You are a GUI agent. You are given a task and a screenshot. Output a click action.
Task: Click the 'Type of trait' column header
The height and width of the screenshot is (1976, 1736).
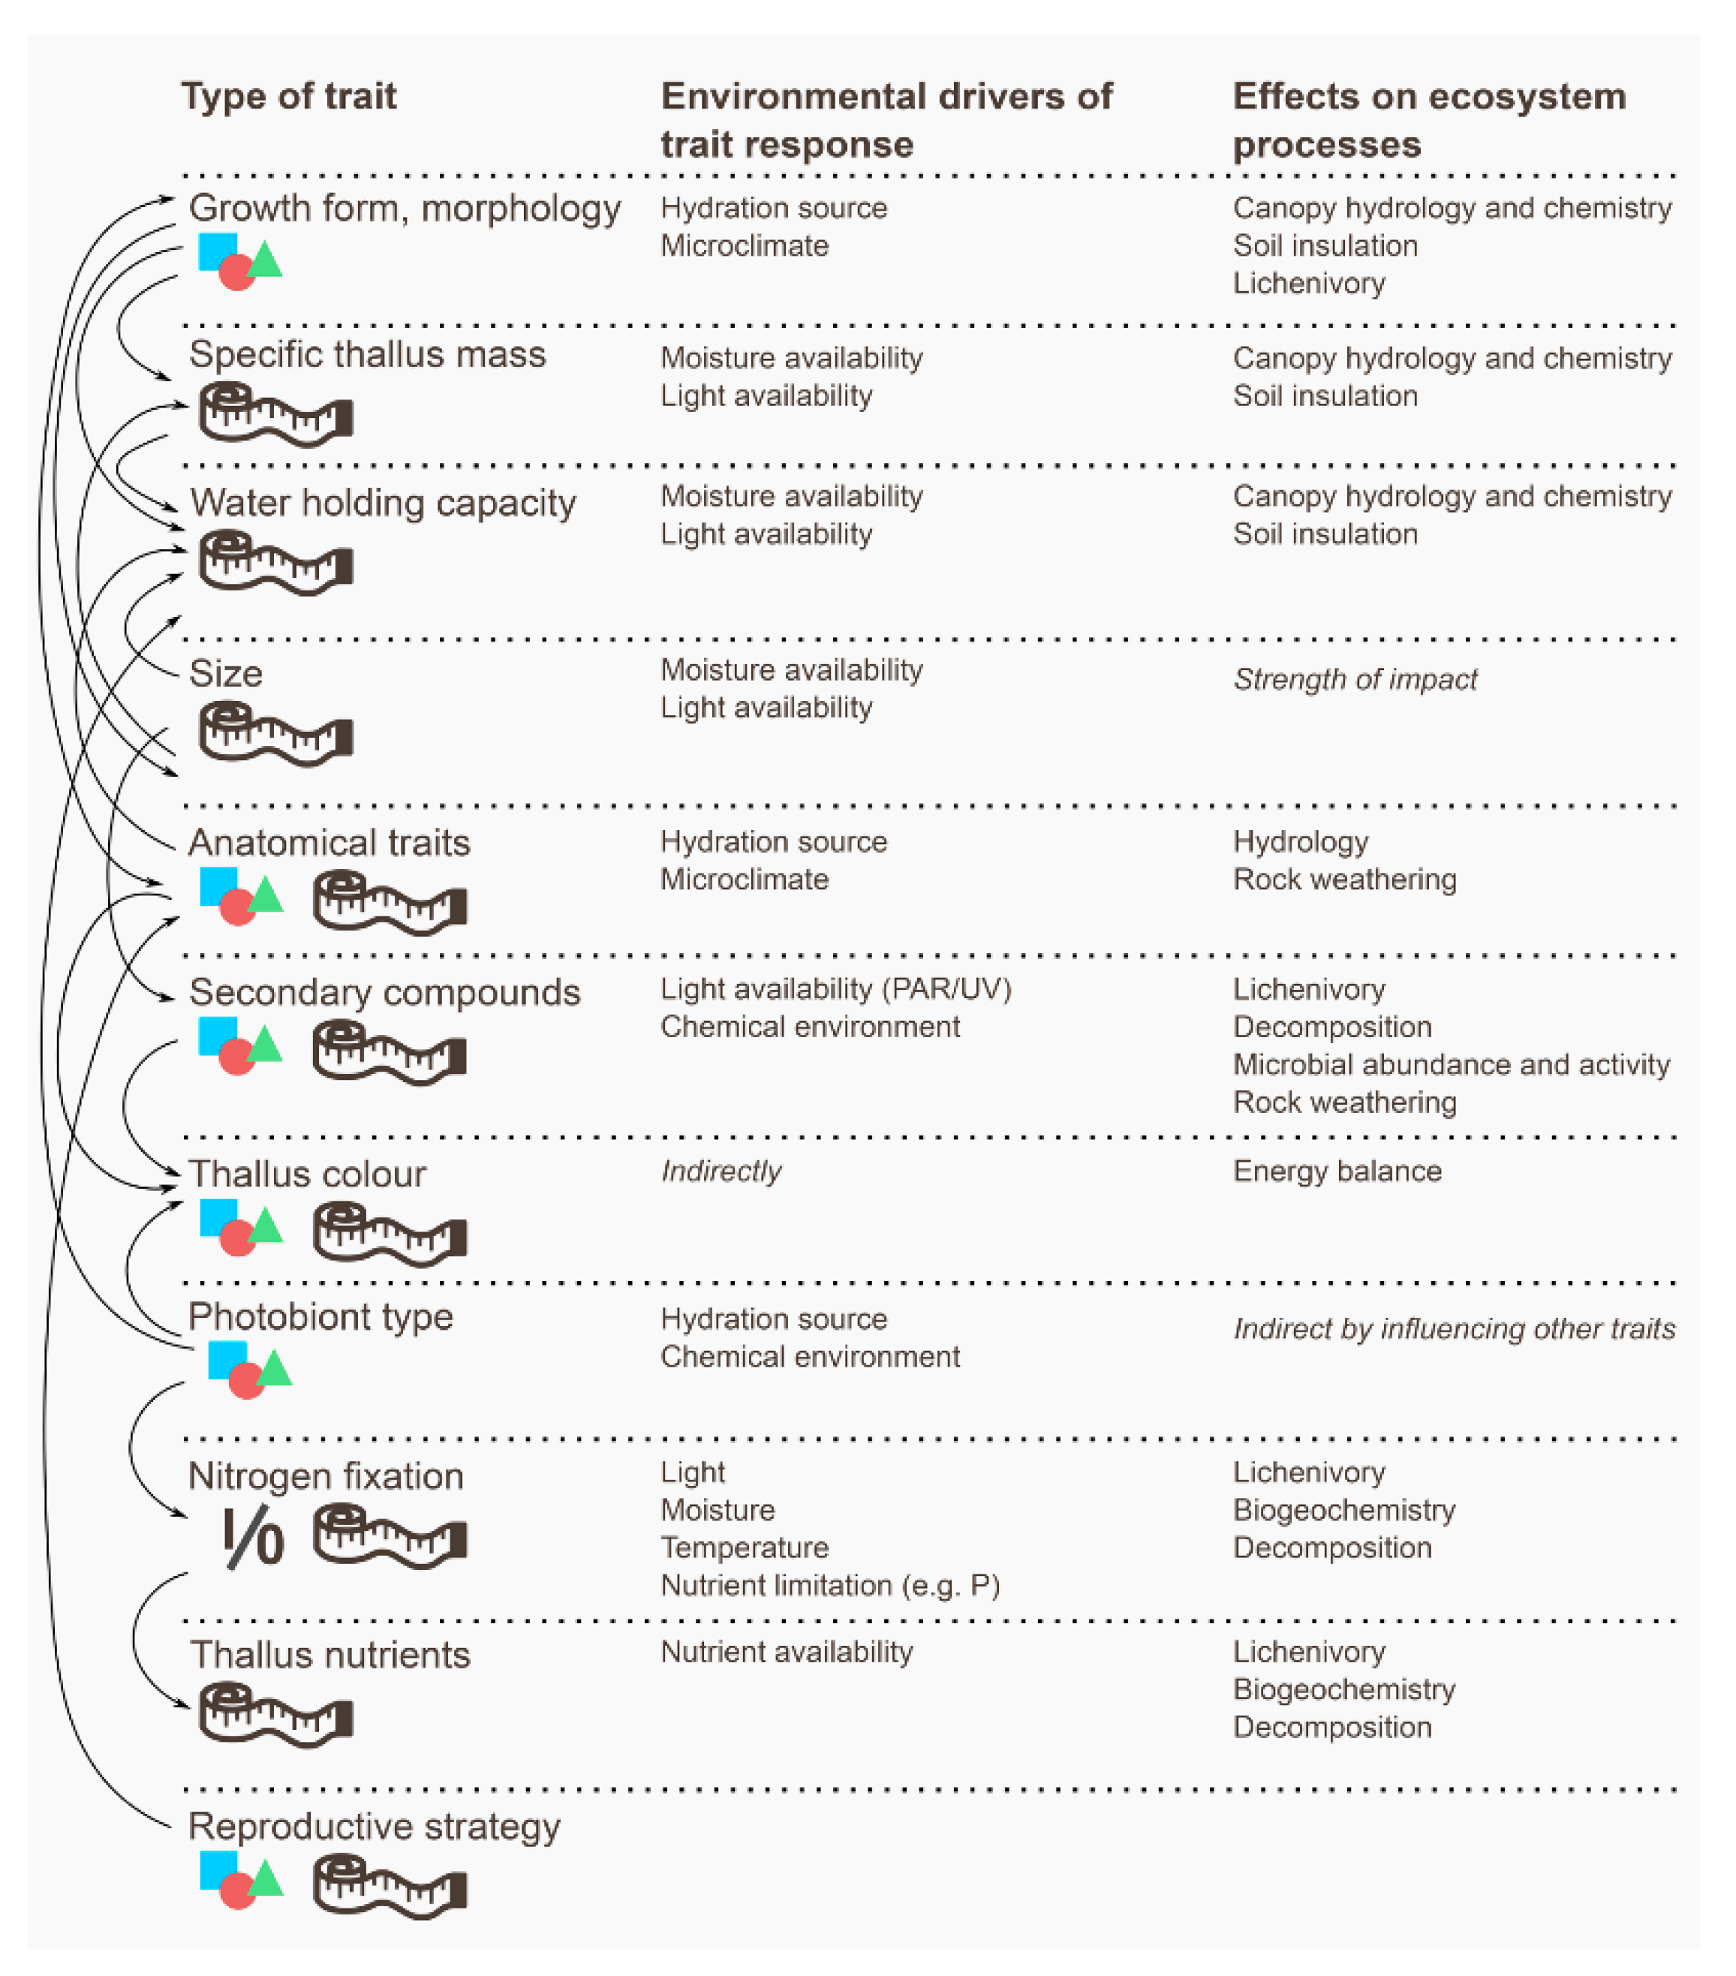288,96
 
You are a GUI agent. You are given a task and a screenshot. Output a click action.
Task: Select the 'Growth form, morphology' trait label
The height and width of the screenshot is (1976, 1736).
404,208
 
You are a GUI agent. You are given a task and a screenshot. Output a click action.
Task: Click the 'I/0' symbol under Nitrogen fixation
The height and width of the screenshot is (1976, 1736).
253,1537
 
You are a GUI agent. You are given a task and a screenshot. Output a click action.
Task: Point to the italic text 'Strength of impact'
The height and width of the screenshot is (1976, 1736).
1354,680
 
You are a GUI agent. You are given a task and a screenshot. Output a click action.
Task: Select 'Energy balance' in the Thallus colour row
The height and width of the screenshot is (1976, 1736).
1337,1171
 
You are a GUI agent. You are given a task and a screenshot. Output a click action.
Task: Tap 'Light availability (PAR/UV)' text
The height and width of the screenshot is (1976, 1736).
835,989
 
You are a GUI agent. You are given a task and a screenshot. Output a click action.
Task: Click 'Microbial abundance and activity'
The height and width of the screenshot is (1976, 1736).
1450,1064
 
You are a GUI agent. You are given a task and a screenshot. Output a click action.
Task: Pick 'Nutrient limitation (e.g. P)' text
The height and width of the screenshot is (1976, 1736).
829,1586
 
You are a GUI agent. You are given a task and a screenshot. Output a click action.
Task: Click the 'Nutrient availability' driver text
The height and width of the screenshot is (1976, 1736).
786,1652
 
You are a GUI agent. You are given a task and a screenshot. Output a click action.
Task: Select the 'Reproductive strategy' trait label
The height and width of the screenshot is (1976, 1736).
374,1826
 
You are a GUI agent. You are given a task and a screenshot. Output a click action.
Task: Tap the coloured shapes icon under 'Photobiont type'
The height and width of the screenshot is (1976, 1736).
248,1369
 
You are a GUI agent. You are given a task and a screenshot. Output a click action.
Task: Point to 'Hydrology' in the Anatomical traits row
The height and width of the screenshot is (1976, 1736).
1300,842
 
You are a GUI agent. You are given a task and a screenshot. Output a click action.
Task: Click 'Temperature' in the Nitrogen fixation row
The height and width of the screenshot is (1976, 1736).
745,1547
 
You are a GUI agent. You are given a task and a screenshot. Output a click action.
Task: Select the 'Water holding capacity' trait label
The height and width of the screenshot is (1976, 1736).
383,503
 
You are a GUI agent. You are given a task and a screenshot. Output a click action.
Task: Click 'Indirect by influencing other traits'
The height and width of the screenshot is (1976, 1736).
1454,1329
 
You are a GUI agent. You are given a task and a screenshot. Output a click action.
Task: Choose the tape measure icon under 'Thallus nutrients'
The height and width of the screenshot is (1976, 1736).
275,1715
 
